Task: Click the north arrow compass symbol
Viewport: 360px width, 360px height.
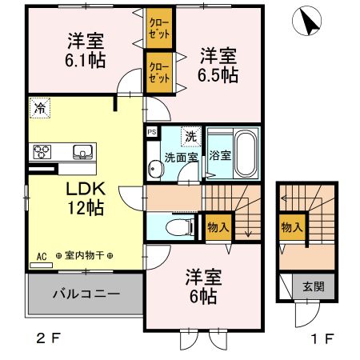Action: tap(306, 21)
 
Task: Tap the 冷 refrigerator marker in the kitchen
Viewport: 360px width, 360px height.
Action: tap(40, 108)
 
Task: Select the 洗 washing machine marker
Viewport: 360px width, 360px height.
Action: tap(191, 137)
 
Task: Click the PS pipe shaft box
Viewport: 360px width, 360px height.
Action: tap(152, 132)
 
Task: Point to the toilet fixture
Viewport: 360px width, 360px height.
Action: tap(181, 227)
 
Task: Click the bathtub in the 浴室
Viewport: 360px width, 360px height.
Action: tap(247, 154)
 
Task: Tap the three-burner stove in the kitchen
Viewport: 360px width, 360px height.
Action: tap(42, 152)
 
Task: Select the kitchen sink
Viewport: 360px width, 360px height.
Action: tap(83, 152)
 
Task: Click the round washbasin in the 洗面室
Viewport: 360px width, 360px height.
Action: tap(156, 169)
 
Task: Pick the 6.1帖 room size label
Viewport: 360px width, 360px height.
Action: tap(86, 60)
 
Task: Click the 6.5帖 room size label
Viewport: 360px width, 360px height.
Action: tap(218, 75)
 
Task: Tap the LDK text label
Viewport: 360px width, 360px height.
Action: tap(86, 189)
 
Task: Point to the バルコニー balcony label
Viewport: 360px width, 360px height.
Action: tap(86, 294)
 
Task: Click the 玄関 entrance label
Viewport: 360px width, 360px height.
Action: tap(314, 286)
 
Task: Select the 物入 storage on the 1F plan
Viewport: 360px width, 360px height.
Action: tap(293, 227)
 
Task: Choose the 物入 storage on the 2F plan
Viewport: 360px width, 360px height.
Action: tap(218, 227)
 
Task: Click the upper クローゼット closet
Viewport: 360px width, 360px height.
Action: tap(159, 28)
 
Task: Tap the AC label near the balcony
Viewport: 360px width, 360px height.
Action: tap(42, 257)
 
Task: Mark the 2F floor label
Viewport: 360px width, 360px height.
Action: tap(49, 338)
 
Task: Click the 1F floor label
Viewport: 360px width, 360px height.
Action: tap(322, 338)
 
